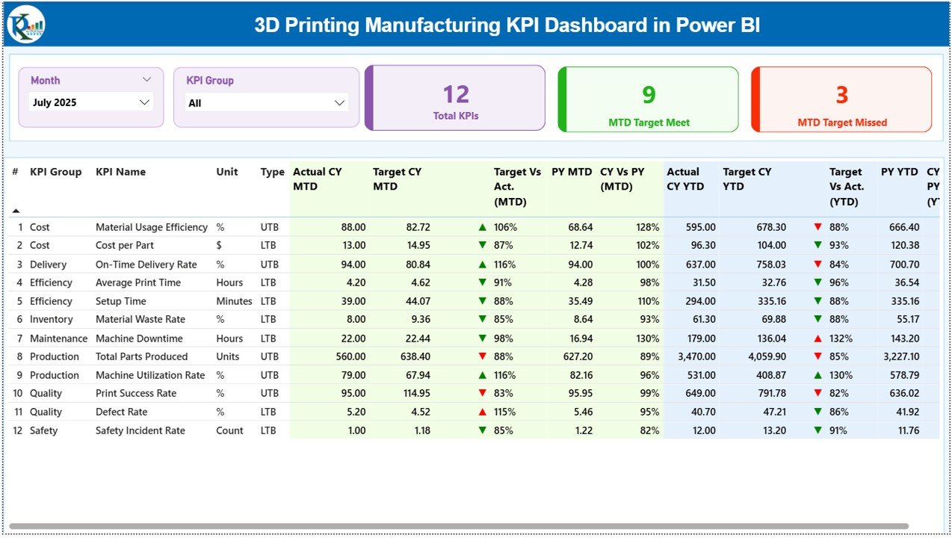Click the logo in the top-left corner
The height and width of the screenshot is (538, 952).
point(26,25)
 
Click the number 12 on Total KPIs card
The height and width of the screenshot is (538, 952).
point(456,94)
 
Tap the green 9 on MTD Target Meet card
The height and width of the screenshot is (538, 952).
point(649,94)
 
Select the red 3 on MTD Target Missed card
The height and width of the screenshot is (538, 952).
point(841,95)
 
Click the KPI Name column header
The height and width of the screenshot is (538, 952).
point(120,172)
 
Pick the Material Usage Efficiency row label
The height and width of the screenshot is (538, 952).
point(151,227)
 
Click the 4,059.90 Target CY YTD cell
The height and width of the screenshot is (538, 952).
point(761,357)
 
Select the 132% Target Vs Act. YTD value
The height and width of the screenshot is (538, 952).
point(841,338)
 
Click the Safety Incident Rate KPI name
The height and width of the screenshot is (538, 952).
point(140,430)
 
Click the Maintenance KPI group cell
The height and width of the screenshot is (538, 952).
point(58,338)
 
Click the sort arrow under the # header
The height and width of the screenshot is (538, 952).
point(16,211)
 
